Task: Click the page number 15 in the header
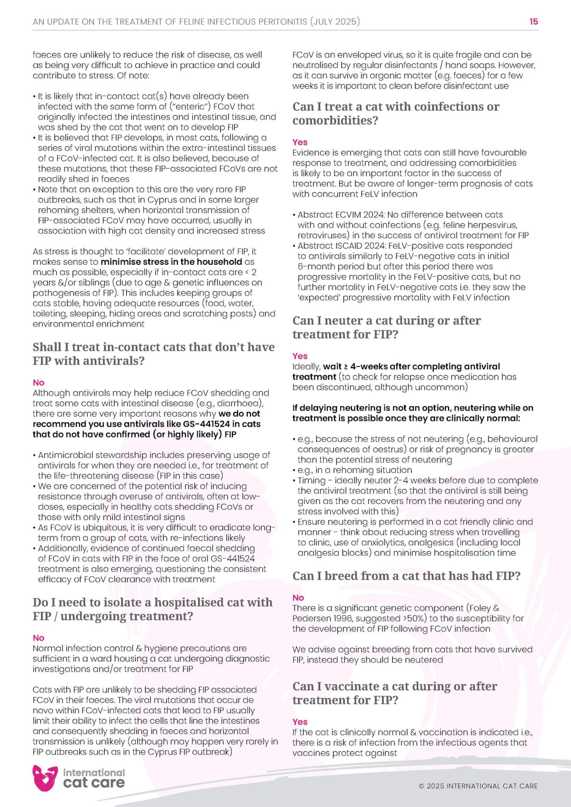click(x=534, y=22)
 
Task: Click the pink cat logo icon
click(x=45, y=778)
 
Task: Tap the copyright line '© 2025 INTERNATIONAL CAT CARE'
click(x=478, y=786)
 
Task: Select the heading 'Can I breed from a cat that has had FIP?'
click(x=406, y=576)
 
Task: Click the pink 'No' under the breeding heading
click(x=298, y=597)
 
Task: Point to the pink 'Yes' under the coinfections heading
click(x=300, y=142)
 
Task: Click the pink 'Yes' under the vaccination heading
click(x=300, y=721)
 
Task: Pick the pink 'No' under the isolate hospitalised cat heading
click(x=39, y=638)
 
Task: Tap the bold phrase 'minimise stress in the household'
click(x=171, y=262)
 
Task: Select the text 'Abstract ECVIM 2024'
click(x=340, y=215)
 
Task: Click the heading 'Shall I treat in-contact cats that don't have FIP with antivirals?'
click(x=153, y=353)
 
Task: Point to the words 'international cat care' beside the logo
click(x=94, y=778)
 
